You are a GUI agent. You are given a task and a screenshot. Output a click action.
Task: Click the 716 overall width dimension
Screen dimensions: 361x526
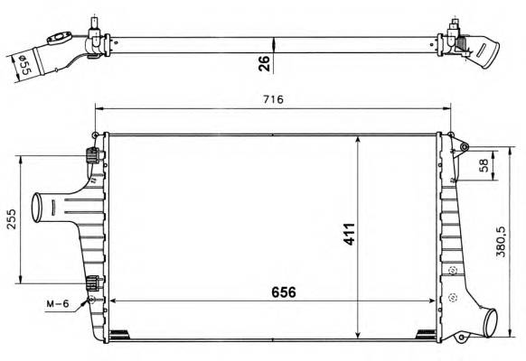(x=274, y=99)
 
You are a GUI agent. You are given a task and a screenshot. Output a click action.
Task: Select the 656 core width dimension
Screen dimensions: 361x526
(x=281, y=292)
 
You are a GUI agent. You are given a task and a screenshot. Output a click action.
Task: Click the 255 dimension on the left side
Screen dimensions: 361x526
(x=10, y=219)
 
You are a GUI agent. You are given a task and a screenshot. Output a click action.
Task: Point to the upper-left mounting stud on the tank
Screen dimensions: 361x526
(x=92, y=154)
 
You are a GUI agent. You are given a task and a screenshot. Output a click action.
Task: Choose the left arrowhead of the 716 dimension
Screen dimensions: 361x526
(x=99, y=110)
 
